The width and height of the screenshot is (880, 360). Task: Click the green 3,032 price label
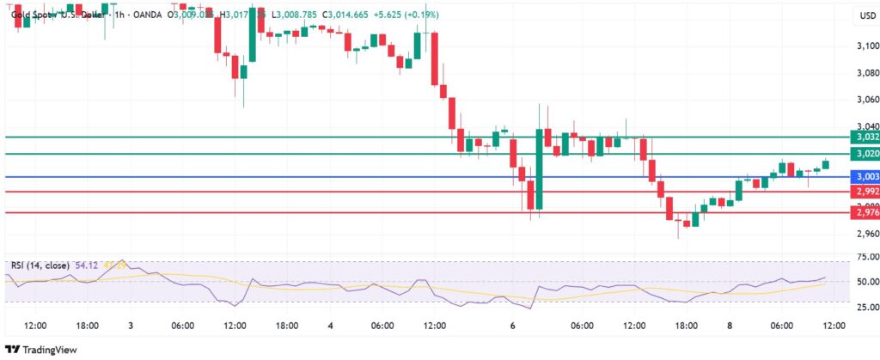[x=862, y=137]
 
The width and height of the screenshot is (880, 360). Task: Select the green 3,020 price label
[x=862, y=154]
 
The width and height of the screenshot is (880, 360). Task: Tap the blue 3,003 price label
[x=862, y=176]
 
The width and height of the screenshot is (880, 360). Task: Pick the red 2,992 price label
[x=862, y=192]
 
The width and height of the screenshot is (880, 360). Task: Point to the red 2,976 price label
[x=862, y=212]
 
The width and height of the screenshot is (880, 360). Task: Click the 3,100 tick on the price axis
[x=866, y=46]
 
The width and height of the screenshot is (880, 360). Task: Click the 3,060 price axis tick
[x=866, y=100]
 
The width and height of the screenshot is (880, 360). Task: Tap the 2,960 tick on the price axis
[x=866, y=234]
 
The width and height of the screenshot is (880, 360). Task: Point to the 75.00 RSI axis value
[x=866, y=256]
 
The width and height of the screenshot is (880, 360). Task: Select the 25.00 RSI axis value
[x=866, y=307]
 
